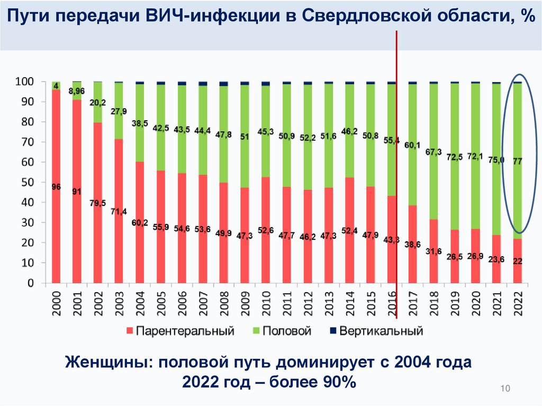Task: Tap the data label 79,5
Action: [98, 203]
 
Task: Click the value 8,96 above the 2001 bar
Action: [77, 91]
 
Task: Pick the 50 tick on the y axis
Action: [27, 183]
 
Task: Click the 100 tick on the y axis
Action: [25, 82]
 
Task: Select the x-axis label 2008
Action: [223, 304]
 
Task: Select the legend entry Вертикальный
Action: [381, 332]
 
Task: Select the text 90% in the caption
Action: [337, 382]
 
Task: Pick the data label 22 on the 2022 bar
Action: [517, 260]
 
